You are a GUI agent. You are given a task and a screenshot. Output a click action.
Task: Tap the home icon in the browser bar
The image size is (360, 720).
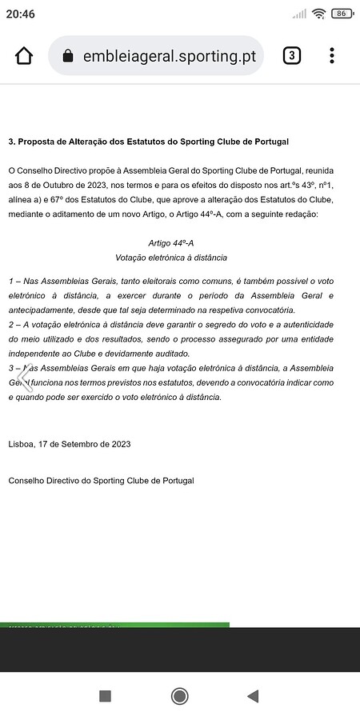(x=24, y=56)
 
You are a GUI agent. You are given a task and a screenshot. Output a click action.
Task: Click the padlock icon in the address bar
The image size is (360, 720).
(x=68, y=56)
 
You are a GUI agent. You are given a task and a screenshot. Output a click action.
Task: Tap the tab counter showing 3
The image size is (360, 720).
(x=292, y=55)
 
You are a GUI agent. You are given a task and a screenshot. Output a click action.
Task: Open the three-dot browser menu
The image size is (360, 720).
(x=332, y=55)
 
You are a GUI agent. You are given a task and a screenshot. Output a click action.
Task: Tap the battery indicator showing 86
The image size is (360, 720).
(x=342, y=14)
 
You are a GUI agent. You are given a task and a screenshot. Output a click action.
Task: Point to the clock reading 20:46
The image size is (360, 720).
(x=22, y=14)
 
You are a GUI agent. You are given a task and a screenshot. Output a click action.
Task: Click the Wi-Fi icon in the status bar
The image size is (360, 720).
(x=319, y=14)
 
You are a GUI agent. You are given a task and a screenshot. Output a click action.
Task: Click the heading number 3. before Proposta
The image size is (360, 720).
(x=12, y=142)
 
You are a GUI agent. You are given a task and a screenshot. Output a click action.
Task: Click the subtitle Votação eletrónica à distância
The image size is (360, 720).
(x=171, y=258)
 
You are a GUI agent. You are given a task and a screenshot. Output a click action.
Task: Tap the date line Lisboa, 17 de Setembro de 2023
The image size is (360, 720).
(x=69, y=443)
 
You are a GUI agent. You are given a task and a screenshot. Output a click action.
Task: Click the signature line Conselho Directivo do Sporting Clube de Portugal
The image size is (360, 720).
(x=101, y=481)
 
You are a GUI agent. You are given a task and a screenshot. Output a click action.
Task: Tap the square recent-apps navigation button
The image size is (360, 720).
(x=105, y=696)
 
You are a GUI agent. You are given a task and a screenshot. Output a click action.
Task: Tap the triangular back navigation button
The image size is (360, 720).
(x=253, y=696)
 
